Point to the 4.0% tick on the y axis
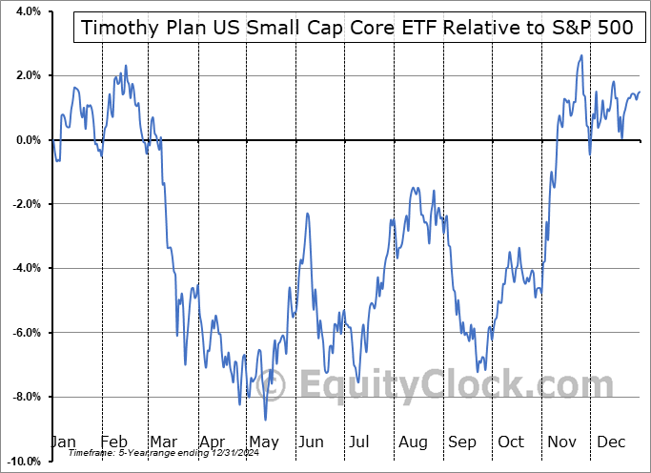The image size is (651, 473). click(x=26, y=11)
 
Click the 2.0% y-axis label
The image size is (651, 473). click(x=26, y=75)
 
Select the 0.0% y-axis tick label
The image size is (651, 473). click(x=26, y=140)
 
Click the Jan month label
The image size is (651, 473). click(x=63, y=442)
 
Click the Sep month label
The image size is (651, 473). click(x=462, y=442)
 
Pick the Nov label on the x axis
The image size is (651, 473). click(x=562, y=442)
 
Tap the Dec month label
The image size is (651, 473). click(x=612, y=442)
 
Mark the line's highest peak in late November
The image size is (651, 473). click(x=580, y=56)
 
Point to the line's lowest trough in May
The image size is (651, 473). click(x=265, y=420)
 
